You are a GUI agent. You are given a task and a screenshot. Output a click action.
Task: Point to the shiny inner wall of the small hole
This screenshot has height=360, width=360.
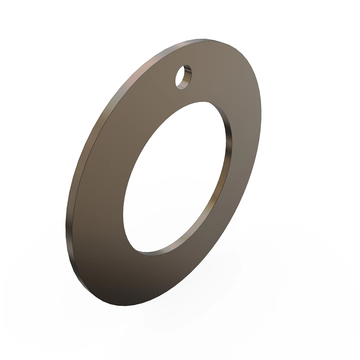[187, 76]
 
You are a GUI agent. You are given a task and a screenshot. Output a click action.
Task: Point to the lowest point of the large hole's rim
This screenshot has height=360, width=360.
[147, 251]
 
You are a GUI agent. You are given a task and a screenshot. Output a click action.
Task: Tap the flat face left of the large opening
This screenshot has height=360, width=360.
[99, 192]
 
